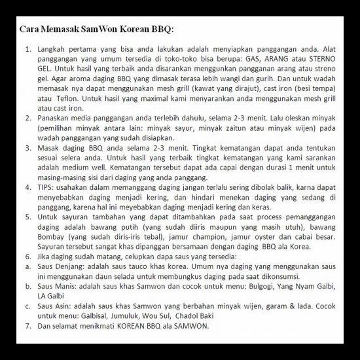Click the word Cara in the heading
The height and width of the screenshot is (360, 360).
(28, 30)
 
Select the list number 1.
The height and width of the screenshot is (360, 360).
(27, 49)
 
